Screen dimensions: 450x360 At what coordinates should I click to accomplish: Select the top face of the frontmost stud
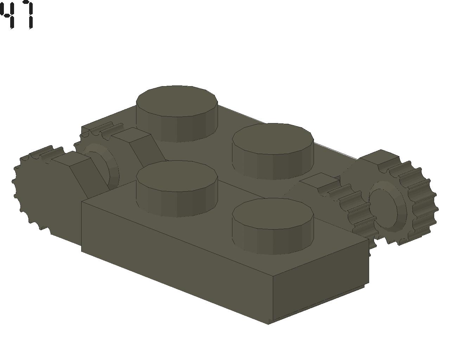click(x=273, y=213)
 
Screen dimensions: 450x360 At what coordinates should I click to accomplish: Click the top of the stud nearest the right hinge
click(x=273, y=139)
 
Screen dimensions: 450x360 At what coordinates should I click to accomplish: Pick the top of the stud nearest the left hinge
click(x=177, y=176)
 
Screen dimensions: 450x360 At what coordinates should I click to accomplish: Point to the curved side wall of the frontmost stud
click(x=273, y=242)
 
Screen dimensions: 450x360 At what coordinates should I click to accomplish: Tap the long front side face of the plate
click(x=177, y=270)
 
